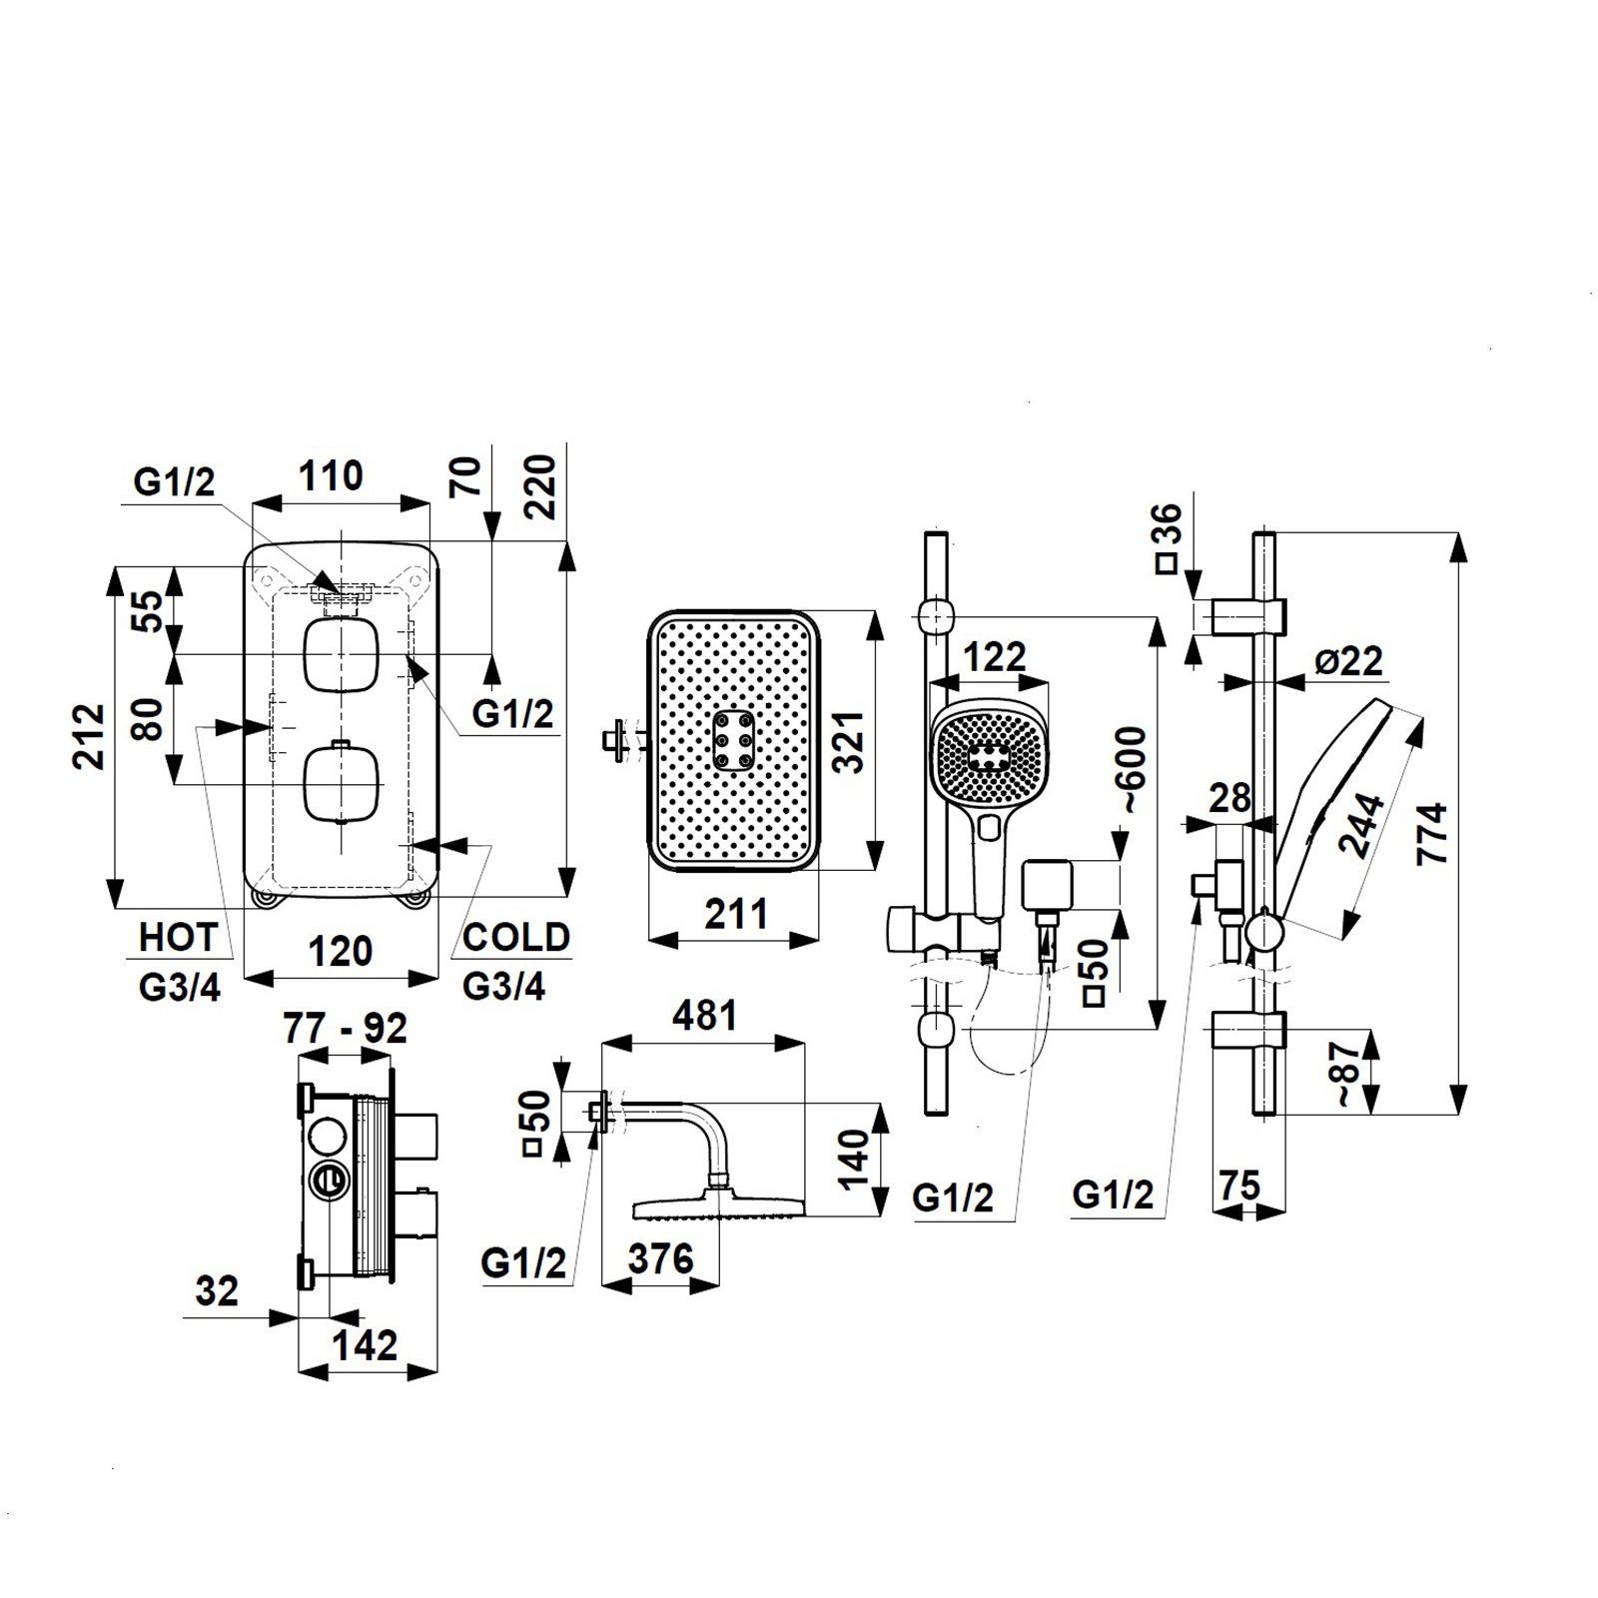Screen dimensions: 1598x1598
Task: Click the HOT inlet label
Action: point(178,938)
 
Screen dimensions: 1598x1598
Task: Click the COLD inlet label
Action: point(516,938)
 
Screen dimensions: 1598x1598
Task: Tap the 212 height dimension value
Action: point(91,736)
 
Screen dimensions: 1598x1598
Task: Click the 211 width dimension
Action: point(735,914)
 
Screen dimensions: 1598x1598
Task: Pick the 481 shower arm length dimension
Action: point(704,1016)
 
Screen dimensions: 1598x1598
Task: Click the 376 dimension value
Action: point(660,1259)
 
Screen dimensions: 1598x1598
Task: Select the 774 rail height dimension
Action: point(1434,835)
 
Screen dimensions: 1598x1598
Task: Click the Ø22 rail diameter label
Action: point(1347,661)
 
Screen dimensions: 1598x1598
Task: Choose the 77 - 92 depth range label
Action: point(346,1028)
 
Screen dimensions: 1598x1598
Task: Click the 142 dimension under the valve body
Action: point(366,1346)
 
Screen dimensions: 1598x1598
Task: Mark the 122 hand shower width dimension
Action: point(996,657)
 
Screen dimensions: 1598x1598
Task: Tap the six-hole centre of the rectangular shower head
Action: point(735,741)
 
